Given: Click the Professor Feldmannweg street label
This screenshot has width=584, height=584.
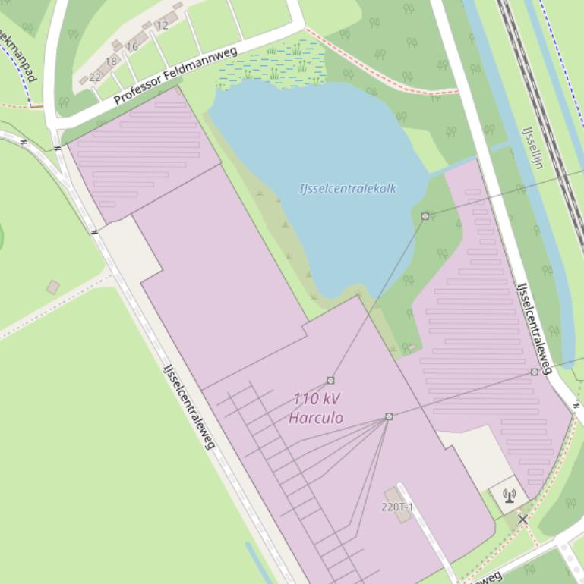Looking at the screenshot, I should (x=175, y=76).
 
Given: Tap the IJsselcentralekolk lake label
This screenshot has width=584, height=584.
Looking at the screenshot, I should (x=348, y=188).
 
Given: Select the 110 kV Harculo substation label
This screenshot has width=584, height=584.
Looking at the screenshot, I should (x=316, y=408).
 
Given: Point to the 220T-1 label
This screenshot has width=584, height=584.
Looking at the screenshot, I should (x=397, y=507).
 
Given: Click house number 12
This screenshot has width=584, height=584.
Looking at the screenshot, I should (x=162, y=25).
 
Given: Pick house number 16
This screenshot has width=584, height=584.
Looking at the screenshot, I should (x=132, y=46).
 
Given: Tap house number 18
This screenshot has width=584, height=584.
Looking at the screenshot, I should (x=112, y=61).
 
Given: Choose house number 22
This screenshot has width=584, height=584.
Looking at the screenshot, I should (x=95, y=77).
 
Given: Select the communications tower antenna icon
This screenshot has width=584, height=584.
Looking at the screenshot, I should (x=509, y=496).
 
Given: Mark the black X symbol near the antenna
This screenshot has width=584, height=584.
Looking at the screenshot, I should (x=522, y=520).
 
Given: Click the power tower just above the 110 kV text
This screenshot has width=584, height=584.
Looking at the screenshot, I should (x=330, y=380).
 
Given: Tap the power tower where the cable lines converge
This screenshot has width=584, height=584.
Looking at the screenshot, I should (x=389, y=416).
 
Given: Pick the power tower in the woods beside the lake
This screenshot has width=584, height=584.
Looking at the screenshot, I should (x=425, y=216).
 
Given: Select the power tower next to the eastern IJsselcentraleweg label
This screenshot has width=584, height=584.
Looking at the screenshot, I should (x=535, y=372).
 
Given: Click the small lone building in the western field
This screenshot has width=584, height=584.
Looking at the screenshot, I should (x=53, y=287).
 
